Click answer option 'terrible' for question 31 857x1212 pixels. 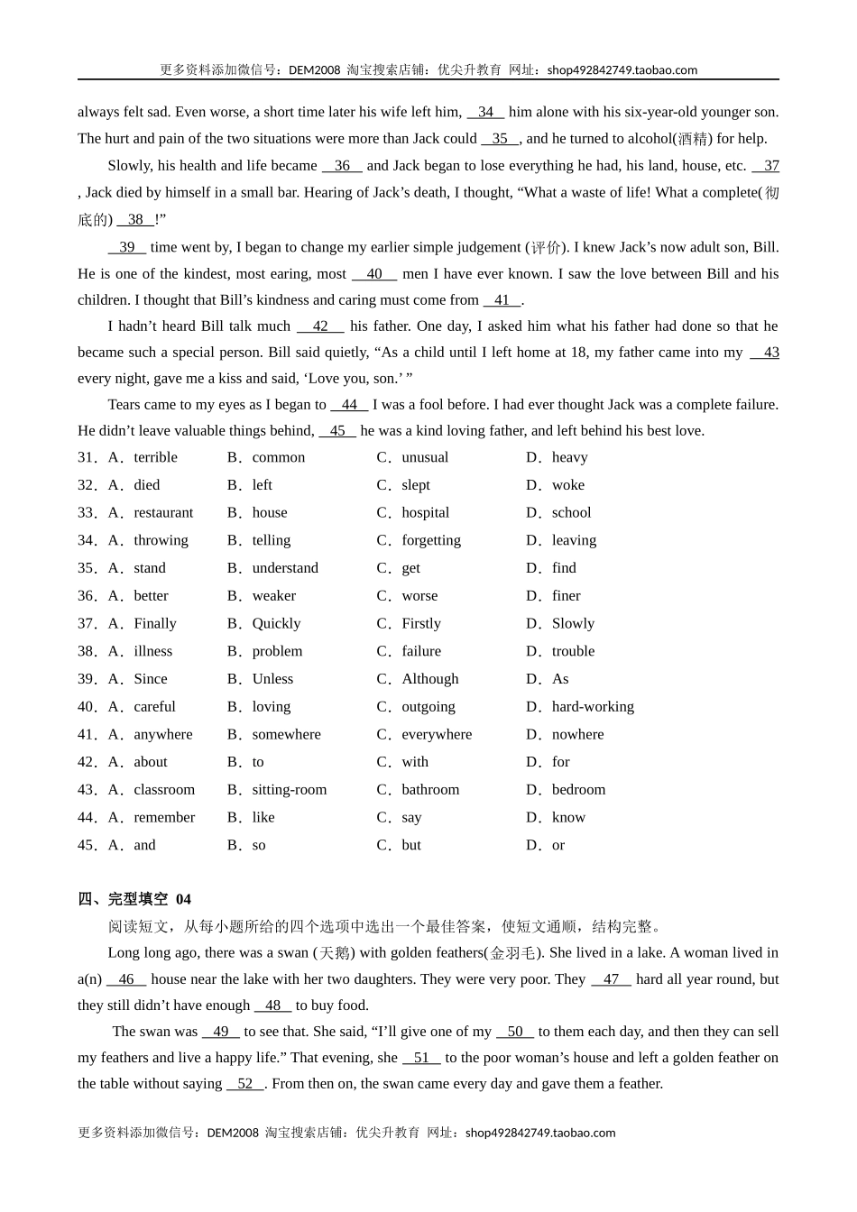(x=155, y=457)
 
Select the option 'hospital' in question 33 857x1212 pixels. (x=425, y=512)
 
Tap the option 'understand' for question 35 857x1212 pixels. (x=285, y=568)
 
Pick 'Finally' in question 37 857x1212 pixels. (x=155, y=623)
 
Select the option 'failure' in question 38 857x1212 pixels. (x=421, y=651)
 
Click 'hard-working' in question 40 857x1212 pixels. (x=593, y=706)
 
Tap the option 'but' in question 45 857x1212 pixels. (x=411, y=845)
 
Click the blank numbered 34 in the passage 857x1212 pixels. (x=485, y=112)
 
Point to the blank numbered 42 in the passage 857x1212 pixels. (x=320, y=326)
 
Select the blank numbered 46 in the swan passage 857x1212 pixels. (x=126, y=979)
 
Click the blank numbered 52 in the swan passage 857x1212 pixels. (x=245, y=1084)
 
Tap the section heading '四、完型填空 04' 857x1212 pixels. (x=134, y=899)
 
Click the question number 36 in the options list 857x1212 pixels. (x=87, y=596)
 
